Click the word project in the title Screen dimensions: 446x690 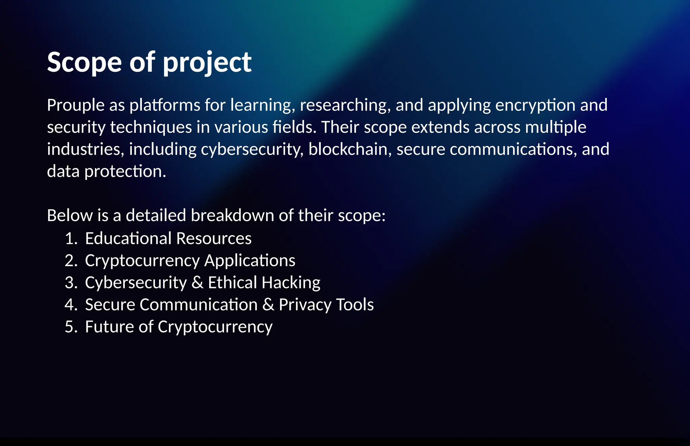click(x=207, y=63)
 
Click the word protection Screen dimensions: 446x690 click(x=125, y=171)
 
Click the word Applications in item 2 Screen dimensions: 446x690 click(x=250, y=261)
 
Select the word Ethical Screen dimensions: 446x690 click(x=232, y=283)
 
